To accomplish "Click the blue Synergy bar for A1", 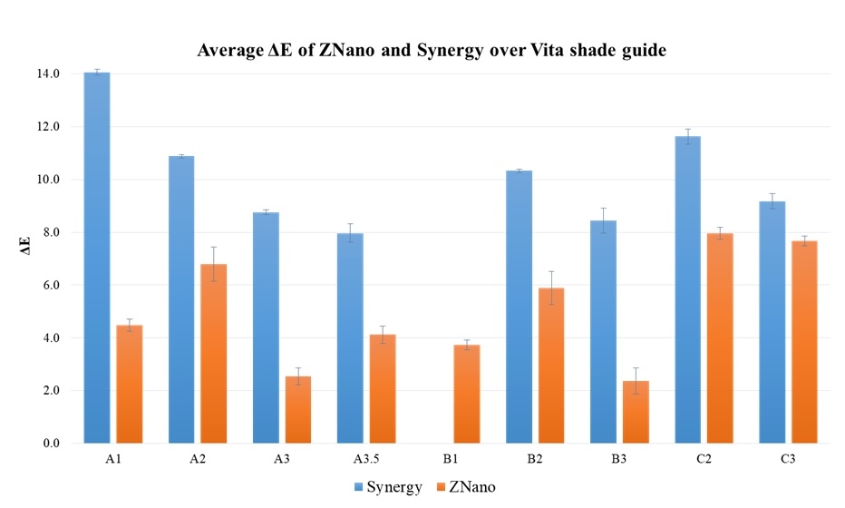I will click(x=97, y=259).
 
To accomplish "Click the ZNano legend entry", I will click(x=467, y=487).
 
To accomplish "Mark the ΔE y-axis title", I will click(x=27, y=259).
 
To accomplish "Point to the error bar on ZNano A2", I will click(x=214, y=263).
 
